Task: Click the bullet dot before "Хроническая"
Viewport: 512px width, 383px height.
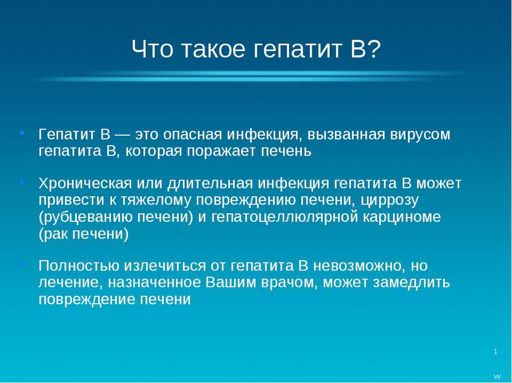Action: click(x=22, y=182)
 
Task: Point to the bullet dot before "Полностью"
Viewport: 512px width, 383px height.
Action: click(x=22, y=264)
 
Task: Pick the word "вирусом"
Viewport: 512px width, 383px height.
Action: click(x=420, y=135)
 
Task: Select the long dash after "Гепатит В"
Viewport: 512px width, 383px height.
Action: click(x=123, y=135)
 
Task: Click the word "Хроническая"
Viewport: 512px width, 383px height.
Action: click(x=85, y=183)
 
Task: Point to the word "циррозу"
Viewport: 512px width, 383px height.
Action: click(x=389, y=200)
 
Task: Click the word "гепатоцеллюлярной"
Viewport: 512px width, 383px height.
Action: click(x=285, y=217)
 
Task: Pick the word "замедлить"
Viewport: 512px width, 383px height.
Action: click(x=412, y=283)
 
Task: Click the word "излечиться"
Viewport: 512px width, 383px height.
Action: click(x=165, y=266)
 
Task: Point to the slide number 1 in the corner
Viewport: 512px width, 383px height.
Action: click(x=496, y=352)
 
